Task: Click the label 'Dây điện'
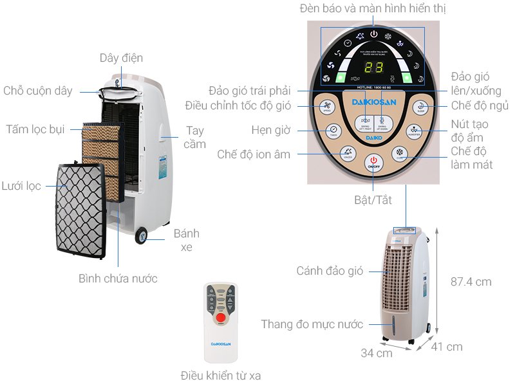pos(122,58)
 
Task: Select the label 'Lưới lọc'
pos(21,187)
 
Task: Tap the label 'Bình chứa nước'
pos(118,279)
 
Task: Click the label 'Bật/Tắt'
pos(373,200)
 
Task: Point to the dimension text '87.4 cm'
pos(470,281)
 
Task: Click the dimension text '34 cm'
pos(376,353)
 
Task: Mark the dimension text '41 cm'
pos(446,347)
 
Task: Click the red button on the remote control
pos(220,318)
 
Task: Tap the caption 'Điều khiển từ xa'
pos(221,375)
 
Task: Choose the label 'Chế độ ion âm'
pos(254,154)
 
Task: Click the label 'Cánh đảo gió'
pos(330,271)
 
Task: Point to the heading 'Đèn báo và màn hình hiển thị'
pos(373,8)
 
